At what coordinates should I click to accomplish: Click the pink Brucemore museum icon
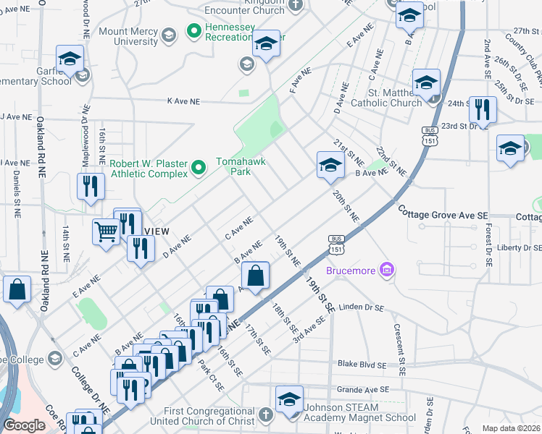388,271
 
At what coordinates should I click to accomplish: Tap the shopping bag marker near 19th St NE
255,276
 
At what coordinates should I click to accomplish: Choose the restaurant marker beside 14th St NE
91,186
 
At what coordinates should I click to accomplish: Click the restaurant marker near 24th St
482,110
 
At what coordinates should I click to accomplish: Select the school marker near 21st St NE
330,165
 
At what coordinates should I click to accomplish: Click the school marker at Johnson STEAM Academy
288,399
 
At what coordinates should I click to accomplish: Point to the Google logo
25,425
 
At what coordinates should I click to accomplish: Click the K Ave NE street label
187,102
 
